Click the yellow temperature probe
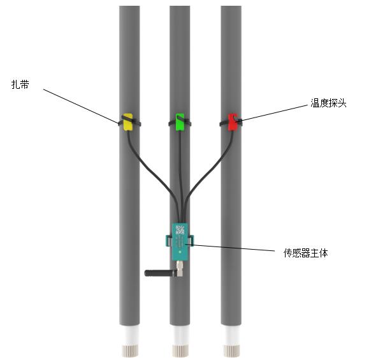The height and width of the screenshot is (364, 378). pos(127,122)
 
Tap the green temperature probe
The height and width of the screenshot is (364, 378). pos(180,122)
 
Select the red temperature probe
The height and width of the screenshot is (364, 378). pos(233,122)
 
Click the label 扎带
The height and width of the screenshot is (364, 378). pos(20,84)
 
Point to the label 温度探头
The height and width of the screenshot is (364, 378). pos(328,103)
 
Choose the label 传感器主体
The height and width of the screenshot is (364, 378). pos(306,253)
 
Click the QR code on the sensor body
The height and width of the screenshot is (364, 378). pos(180,230)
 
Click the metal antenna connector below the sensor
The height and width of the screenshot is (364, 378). pos(180,269)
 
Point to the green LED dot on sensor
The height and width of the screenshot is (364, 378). pos(180,252)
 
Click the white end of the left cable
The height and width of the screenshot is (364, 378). pos(129,335)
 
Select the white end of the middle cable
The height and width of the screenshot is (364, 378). pos(180,335)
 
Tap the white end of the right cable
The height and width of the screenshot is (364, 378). pos(231,335)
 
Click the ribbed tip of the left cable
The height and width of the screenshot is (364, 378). pos(130,351)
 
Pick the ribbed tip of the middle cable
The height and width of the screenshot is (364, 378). pos(180,351)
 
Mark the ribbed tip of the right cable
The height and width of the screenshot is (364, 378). pos(231,351)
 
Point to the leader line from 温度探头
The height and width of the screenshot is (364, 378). pos(272,113)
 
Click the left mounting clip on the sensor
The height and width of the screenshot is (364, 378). pos(169,241)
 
